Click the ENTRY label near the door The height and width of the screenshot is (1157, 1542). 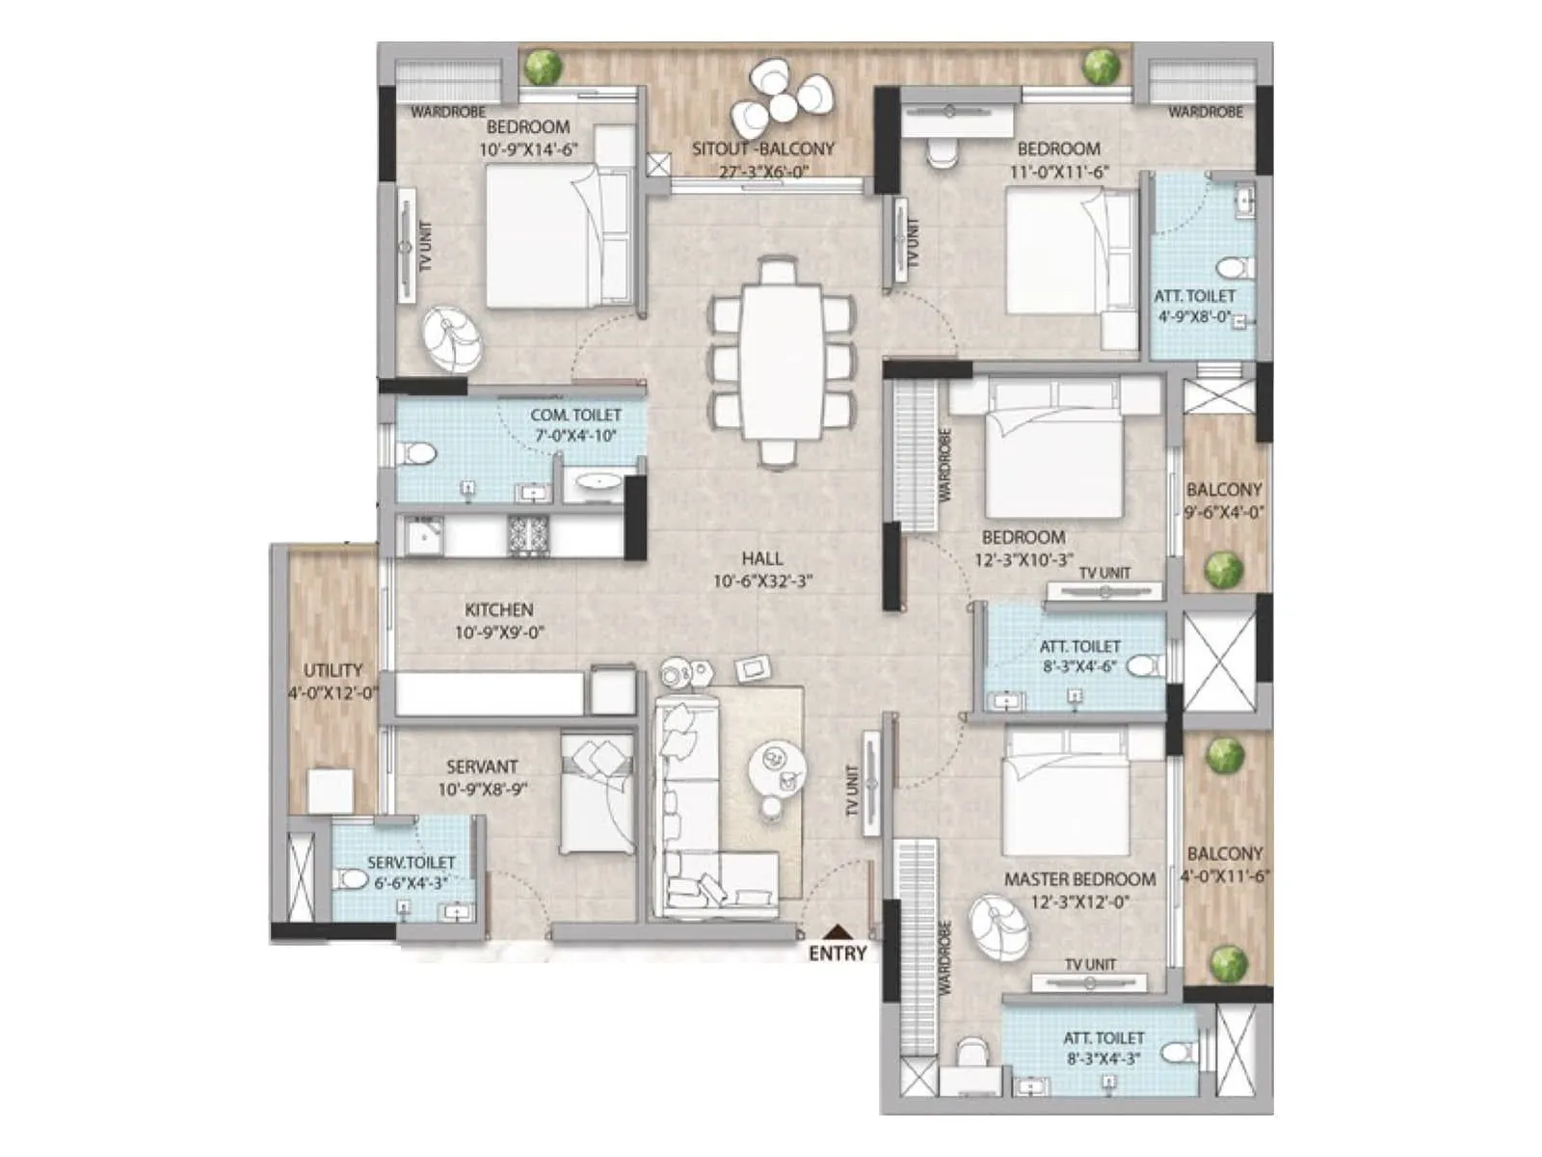pos(837,954)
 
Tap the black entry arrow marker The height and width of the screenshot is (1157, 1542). pos(840,931)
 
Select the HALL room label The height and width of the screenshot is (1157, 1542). pos(762,558)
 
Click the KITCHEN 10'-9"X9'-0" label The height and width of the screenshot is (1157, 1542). pos(499,621)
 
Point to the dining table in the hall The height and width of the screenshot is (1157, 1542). pos(781,362)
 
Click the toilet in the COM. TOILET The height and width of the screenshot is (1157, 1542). pos(417,453)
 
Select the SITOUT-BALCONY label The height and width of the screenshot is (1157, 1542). pos(762,149)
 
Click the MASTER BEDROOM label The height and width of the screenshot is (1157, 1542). pos(1079,879)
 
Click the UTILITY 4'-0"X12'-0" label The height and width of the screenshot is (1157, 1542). pos(332,681)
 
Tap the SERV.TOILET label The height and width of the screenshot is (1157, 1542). pos(411,863)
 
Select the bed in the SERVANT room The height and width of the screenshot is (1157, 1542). pos(598,794)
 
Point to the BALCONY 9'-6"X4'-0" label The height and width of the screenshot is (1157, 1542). pos(1224,500)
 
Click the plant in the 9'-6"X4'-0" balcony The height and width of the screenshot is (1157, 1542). pos(1224,569)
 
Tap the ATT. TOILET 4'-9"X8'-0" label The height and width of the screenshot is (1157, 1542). pos(1194,306)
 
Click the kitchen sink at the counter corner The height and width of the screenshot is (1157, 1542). pos(421,538)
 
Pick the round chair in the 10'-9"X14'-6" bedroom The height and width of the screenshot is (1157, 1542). pos(451,337)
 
